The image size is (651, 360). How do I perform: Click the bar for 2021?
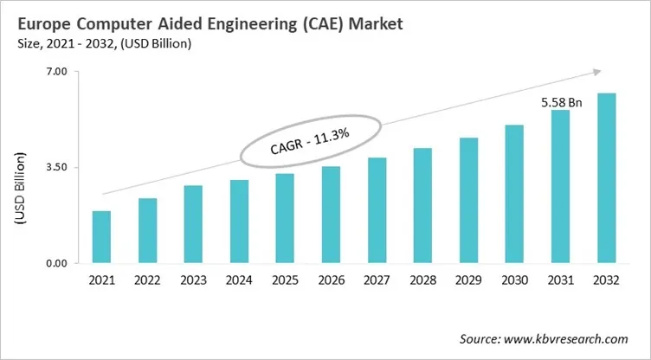[101, 237]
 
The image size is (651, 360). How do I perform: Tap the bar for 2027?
[377, 210]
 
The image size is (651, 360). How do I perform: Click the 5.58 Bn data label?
[561, 102]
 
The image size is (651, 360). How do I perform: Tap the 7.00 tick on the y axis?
[55, 72]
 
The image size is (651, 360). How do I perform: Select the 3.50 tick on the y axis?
[55, 167]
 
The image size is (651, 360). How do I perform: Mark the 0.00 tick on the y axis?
[55, 263]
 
